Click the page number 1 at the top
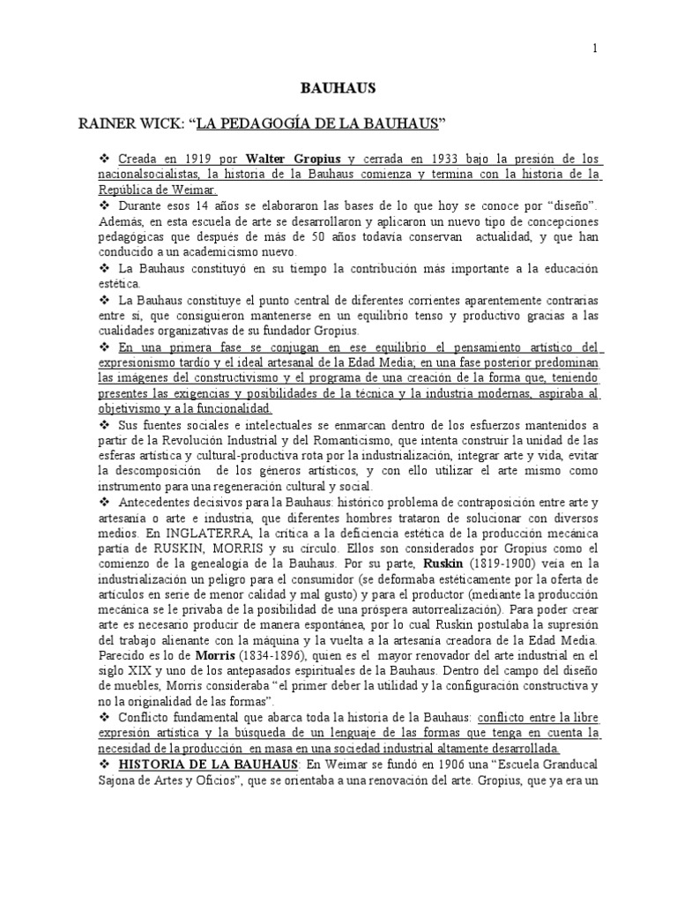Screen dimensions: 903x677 click(x=595, y=49)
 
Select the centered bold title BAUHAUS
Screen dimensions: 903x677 click(x=338, y=88)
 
